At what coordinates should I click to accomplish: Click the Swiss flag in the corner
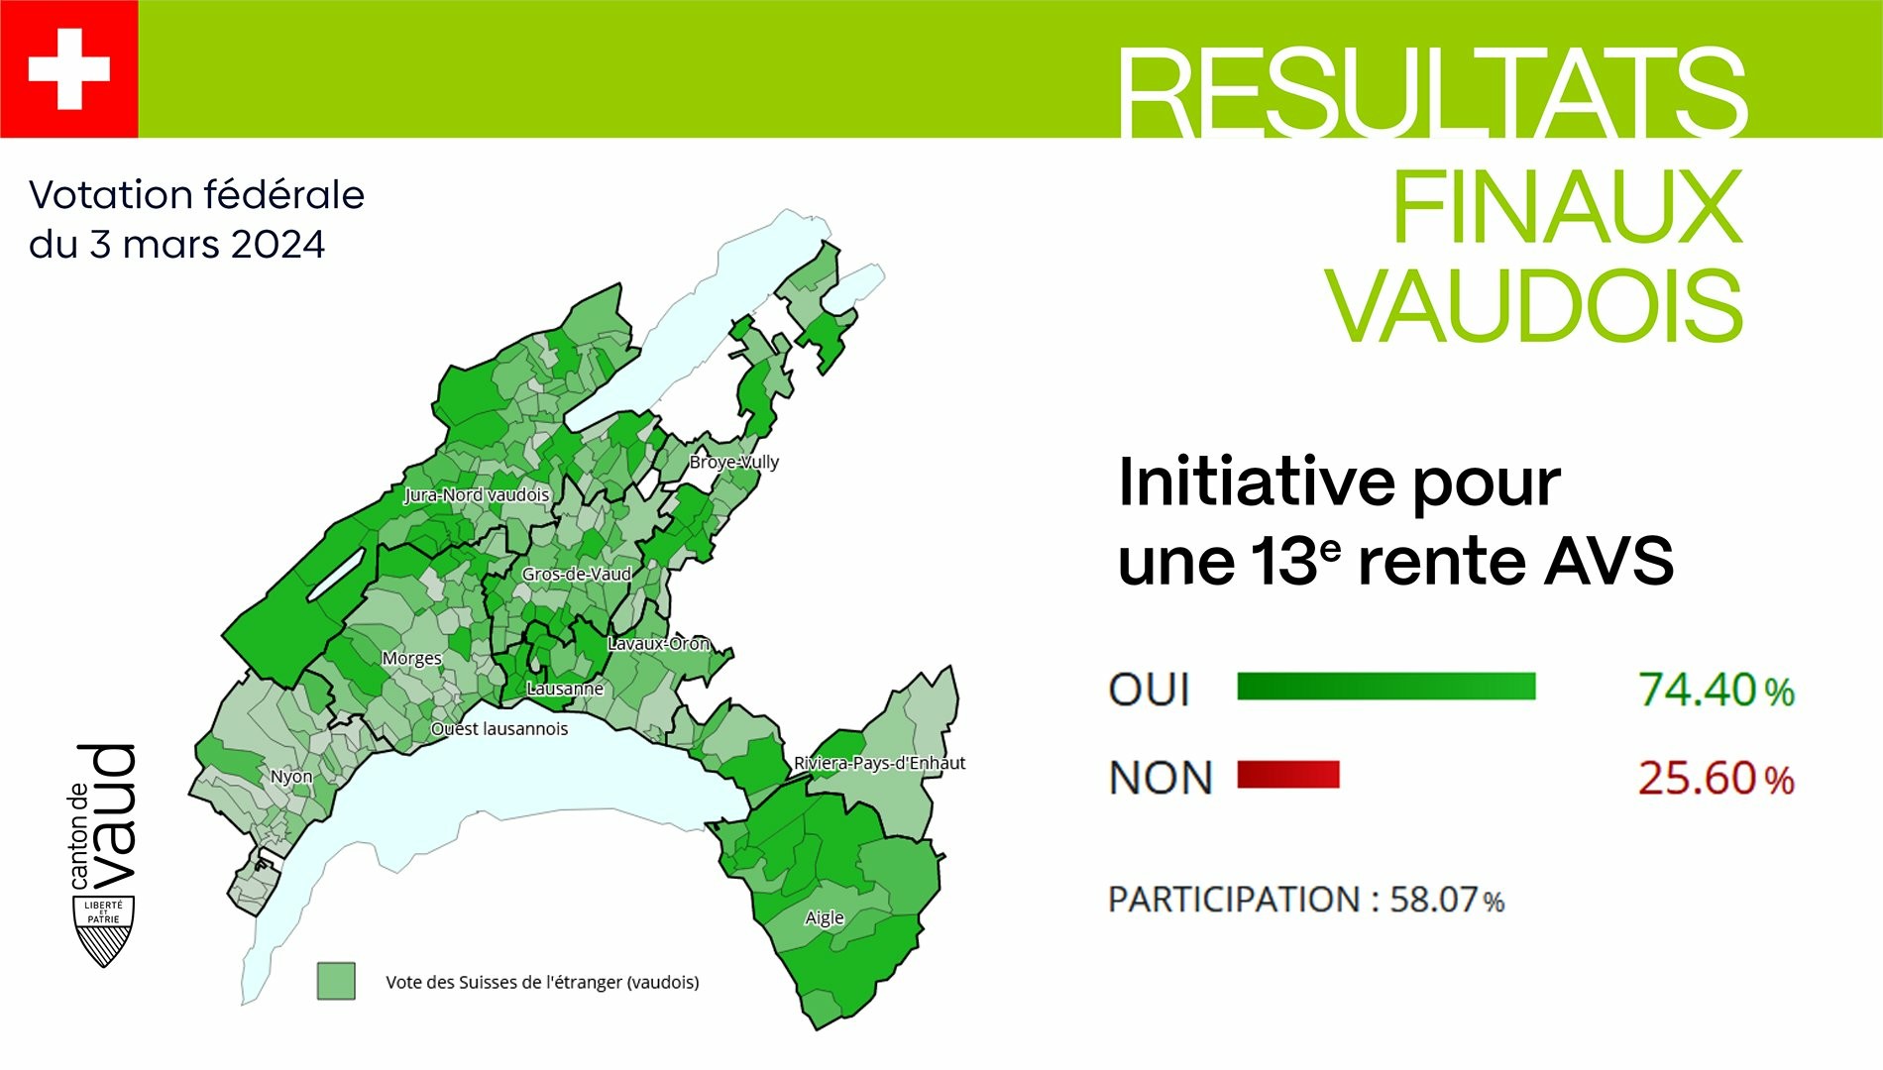coord(68,68)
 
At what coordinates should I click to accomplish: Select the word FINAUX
coord(1567,207)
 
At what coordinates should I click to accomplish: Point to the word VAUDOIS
coord(1536,306)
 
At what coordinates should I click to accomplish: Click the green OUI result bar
coord(1386,687)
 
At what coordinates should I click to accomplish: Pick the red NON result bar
coord(1288,775)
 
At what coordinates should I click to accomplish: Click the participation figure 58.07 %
coord(1447,900)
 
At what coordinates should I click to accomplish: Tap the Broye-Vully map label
coord(734,462)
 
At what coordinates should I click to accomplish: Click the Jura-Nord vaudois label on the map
coord(477,494)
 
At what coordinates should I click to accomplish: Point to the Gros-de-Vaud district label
coord(577,574)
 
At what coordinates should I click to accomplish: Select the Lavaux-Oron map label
coord(659,643)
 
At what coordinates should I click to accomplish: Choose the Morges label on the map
coord(412,659)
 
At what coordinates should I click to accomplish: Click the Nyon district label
coord(291,777)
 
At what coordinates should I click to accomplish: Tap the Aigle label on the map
coord(825,917)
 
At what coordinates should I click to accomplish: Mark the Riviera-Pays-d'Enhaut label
coord(879,763)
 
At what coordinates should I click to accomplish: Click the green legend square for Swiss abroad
coord(336,981)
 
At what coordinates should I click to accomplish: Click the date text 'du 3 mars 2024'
coord(177,245)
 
